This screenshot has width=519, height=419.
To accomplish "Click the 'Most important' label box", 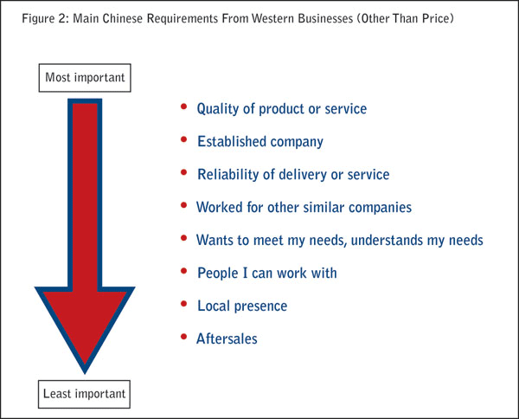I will (86, 78).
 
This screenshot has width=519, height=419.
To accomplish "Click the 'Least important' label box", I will (85, 395).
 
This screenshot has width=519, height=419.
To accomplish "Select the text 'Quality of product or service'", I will (282, 109).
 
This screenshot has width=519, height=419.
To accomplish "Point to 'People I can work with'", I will (266, 273).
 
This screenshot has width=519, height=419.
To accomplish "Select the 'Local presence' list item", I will (242, 306).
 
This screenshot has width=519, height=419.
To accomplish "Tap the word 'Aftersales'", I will (227, 338).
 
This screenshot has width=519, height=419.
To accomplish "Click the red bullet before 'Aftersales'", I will (183, 336).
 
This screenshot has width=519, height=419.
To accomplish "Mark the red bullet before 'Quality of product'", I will (183, 106).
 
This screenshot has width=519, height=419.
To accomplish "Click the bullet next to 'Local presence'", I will (183, 303).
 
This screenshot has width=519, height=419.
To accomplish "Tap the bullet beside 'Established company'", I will (183, 139).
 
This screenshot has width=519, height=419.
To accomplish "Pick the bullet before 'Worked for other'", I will (183, 205).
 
